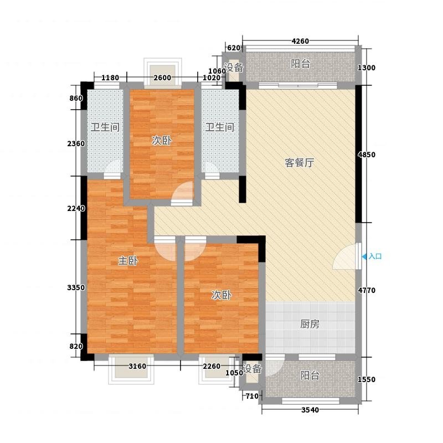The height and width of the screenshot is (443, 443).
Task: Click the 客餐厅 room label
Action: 299,163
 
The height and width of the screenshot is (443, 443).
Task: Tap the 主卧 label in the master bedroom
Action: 128,260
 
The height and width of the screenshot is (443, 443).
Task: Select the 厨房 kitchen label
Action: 310,324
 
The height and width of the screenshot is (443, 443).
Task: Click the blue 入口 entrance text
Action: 375,256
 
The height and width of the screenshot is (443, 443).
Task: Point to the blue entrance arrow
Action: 364,256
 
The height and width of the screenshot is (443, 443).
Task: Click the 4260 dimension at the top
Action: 300,41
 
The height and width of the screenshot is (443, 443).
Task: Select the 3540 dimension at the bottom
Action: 310,410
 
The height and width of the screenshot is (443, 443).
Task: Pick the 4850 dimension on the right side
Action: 367,155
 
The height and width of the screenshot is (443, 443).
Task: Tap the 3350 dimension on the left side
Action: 76,287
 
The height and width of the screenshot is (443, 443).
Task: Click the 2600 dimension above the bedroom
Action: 162,78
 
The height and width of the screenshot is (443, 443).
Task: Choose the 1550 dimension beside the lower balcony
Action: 367,379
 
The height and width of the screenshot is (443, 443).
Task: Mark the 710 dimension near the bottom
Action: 252,396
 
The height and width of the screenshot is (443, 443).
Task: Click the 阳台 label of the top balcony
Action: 300,64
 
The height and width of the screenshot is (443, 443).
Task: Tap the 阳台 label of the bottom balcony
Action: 310,375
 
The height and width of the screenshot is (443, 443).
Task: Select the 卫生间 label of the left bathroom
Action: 105,127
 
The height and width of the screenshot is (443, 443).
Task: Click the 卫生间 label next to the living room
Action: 220,127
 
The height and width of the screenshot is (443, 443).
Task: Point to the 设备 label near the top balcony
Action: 234,68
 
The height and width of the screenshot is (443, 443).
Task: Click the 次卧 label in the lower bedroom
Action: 221,295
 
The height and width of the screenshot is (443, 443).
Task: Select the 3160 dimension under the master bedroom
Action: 137,367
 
